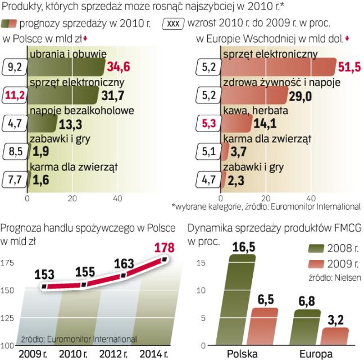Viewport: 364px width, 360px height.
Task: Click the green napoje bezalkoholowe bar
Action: pos(42,123)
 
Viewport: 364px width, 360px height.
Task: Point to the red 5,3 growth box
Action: pos(209,123)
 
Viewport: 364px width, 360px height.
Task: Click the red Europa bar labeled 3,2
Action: pos(336,336)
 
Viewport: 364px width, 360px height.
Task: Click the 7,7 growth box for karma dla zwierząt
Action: pos(15,180)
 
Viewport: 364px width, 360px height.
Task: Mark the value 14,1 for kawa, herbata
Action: pos(266,123)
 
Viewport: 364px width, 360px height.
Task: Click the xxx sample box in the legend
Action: pos(173,24)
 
